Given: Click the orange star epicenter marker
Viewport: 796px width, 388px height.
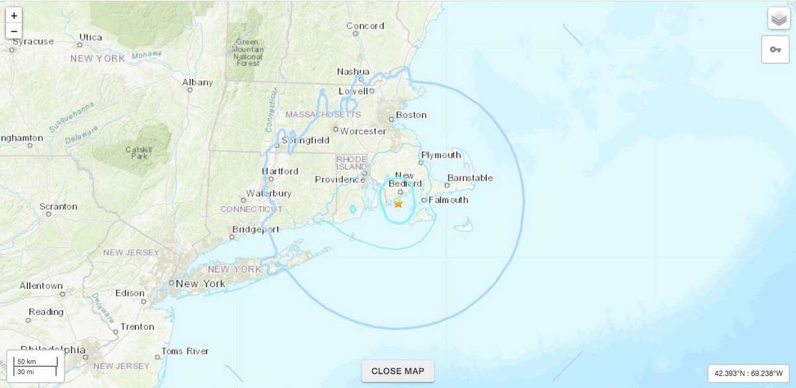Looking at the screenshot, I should (398, 204).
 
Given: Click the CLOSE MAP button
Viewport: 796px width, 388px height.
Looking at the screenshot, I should (397, 371).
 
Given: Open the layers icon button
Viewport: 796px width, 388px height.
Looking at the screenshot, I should (779, 19).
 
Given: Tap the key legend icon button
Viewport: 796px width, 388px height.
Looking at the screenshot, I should (775, 50).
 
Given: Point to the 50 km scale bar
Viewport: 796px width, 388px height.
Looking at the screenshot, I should (36, 361).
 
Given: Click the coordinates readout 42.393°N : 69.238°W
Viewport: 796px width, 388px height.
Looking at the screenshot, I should (748, 373).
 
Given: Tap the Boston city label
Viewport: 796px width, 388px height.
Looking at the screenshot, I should (411, 115).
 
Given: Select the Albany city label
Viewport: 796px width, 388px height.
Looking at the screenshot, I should (198, 82).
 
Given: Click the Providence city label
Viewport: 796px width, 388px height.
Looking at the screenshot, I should (340, 180).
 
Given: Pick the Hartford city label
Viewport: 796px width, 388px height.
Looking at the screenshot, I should (280, 171).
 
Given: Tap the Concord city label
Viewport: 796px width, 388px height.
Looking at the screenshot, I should (365, 26).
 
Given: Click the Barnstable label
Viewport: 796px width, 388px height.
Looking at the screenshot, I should (470, 178).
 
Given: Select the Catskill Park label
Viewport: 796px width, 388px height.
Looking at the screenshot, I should (139, 154).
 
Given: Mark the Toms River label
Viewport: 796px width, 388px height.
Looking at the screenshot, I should (185, 351).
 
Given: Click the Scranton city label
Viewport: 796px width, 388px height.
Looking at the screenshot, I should (58, 206).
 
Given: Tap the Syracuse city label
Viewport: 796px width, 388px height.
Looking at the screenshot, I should (33, 41).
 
